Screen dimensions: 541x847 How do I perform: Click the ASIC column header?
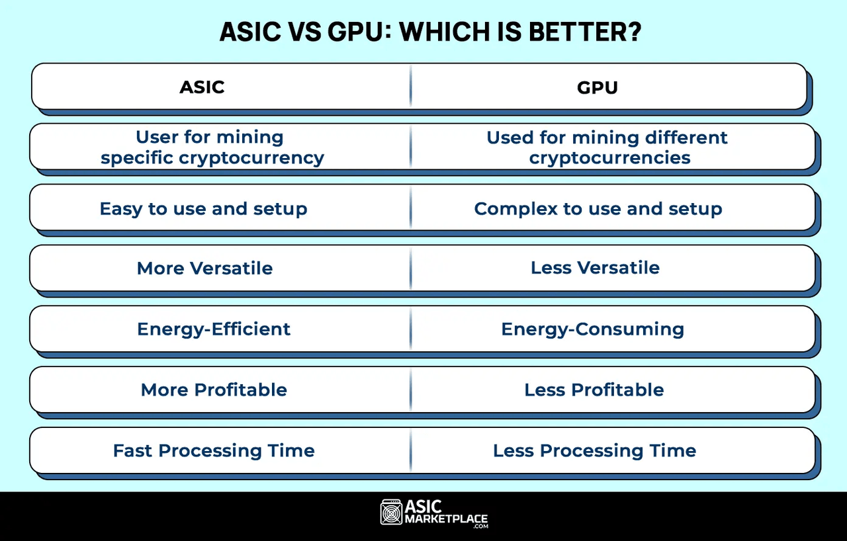[202, 87]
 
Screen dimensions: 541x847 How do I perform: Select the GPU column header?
[597, 87]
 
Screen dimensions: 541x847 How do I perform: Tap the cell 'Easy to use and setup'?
[203, 209]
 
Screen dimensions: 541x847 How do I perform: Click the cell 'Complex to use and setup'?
[598, 209]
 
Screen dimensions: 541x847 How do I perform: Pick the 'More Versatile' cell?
[204, 268]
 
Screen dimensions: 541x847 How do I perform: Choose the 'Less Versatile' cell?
[595, 268]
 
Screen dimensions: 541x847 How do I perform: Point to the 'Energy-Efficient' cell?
[213, 329]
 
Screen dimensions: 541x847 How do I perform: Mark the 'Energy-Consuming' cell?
[592, 329]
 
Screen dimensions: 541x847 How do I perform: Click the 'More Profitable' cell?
[213, 390]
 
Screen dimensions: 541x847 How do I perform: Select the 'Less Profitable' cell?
[594, 390]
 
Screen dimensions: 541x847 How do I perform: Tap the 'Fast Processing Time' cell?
[213, 450]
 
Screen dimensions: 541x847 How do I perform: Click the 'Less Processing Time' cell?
[594, 450]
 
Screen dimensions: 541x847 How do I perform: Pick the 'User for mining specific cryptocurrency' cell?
[212, 147]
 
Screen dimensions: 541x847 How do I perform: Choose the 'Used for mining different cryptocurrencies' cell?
[607, 147]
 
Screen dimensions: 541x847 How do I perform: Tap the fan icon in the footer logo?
[392, 513]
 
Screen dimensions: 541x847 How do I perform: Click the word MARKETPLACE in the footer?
[447, 519]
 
